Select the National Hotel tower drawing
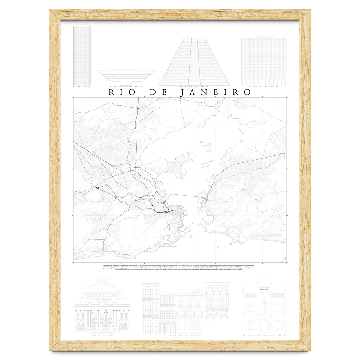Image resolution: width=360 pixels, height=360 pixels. pyautogui.click(x=82, y=55)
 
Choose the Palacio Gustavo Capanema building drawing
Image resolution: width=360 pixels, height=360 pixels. pyautogui.click(x=264, y=58)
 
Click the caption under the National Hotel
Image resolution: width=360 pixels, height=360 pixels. pyautogui.click(x=82, y=87)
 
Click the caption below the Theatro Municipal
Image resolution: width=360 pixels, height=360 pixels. pyautogui.click(x=102, y=335)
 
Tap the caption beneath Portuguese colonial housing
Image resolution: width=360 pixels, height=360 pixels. pyautogui.click(x=186, y=335)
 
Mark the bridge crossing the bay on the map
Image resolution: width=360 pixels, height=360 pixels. pyautogui.click(x=186, y=196)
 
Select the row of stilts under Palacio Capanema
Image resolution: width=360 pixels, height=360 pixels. pyautogui.click(x=264, y=82)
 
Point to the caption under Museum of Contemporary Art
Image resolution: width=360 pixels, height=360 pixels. pyautogui.click(x=126, y=87)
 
